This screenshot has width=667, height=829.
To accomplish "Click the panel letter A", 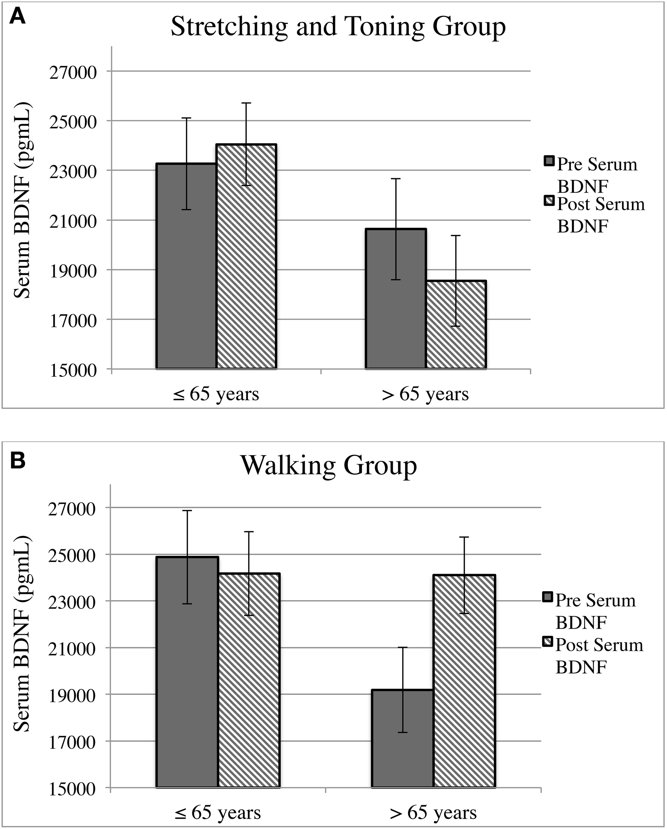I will pyautogui.click(x=17, y=17).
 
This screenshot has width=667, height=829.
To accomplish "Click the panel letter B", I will pyautogui.click(x=17, y=461).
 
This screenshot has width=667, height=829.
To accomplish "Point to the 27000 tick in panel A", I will pyautogui.click(x=73, y=72).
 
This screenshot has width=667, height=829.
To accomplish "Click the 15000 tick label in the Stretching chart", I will pyautogui.click(x=73, y=370).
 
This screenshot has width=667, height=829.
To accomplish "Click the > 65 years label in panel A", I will pyautogui.click(x=425, y=395).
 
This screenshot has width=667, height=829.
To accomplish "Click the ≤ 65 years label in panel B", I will pyautogui.click(x=217, y=812).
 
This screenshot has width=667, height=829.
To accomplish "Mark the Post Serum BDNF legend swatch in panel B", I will pyautogui.click(x=547, y=642).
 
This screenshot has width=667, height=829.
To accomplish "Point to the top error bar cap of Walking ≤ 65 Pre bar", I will pyautogui.click(x=187, y=511).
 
